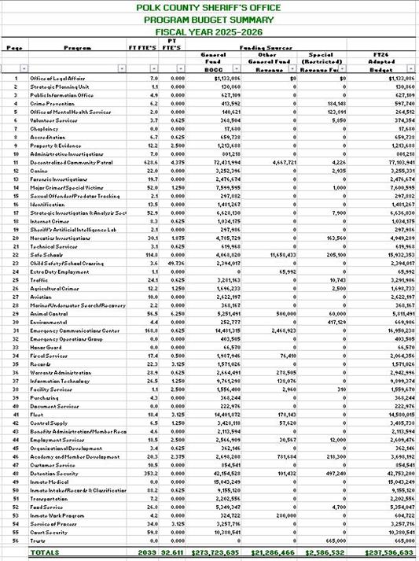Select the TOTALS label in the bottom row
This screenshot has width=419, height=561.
click(x=45, y=554)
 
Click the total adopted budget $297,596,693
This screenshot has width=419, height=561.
click(x=385, y=554)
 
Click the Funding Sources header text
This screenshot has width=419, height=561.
click(x=263, y=48)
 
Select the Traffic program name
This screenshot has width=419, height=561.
click(x=40, y=280)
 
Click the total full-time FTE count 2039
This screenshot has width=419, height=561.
click(x=147, y=554)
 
